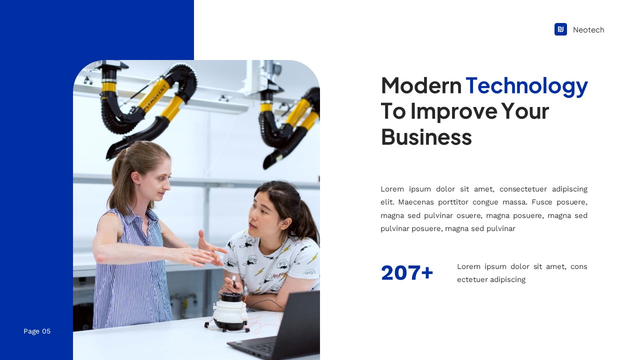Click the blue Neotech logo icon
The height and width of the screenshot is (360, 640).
560,29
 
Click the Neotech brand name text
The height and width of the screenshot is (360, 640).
588,30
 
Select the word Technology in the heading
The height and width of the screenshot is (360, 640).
526,85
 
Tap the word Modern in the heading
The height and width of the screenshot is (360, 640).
421,85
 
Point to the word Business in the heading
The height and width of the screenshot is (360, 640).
426,136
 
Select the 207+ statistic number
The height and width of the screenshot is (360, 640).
407,273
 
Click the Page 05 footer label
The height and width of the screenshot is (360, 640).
37,331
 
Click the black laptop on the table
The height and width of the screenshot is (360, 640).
285,330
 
